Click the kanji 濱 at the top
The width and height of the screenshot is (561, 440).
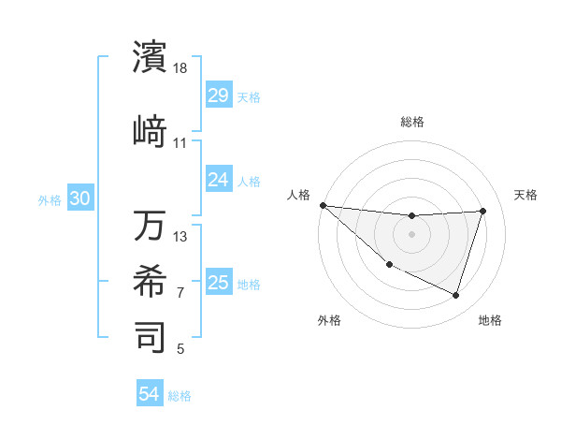pos(151,57)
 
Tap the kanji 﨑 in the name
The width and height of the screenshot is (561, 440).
pos(151,132)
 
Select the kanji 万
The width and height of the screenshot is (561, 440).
pos(151,226)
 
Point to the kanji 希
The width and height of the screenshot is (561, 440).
pos(151,282)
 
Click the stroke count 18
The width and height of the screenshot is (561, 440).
pos(181,68)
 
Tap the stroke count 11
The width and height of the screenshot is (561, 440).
pos(180,143)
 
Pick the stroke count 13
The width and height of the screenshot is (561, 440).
pos(180,236)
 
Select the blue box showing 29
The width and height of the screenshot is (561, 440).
pos(218,95)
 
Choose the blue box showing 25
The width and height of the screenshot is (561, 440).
pos(218,283)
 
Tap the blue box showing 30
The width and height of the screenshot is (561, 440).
pos(79,199)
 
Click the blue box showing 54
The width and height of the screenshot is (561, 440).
pos(150,394)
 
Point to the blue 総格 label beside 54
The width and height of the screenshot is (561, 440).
pos(180,396)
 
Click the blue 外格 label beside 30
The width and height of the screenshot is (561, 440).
pos(50,200)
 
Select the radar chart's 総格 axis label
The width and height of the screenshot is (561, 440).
pos(411,122)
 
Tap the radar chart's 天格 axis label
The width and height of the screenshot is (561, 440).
pos(525,195)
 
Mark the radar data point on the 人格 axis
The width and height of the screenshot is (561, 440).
pos(323,205)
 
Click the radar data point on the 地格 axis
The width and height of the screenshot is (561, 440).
pos(455,295)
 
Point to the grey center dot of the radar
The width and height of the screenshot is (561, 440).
pos(411,234)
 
